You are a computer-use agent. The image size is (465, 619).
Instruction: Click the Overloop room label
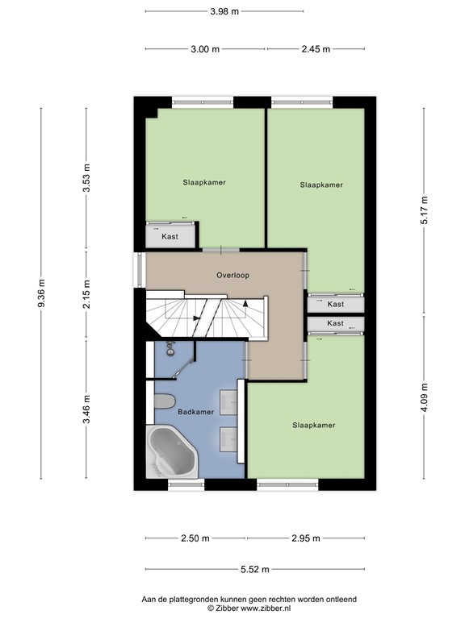tap(232, 275)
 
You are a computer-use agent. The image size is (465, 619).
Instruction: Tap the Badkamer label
tap(196, 412)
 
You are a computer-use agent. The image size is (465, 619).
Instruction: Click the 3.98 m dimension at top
tap(224, 11)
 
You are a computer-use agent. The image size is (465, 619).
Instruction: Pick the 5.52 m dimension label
tap(254, 569)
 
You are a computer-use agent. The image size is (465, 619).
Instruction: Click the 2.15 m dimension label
tap(87, 294)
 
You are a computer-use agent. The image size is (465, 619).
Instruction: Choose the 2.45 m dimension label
tap(315, 49)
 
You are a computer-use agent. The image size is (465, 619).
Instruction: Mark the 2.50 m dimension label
tap(195, 538)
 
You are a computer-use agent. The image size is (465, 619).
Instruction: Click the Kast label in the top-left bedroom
tap(170, 237)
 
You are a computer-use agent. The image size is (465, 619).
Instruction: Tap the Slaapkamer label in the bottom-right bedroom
tap(313, 425)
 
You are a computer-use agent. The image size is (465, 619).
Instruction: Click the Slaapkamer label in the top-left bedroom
tap(203, 182)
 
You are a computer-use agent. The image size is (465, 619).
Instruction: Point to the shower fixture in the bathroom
tap(171, 348)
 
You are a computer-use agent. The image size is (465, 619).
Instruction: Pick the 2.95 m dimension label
tap(306, 538)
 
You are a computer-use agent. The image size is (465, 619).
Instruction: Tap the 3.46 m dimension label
tap(87, 409)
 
